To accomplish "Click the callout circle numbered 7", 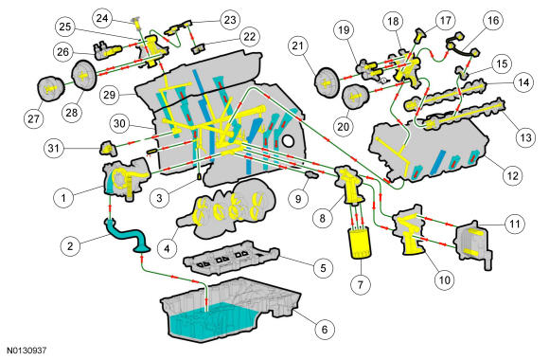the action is [x=361, y=284].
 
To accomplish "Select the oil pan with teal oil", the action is [x=230, y=309].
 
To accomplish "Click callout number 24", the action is [x=102, y=18].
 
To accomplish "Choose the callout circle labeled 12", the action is [x=512, y=175].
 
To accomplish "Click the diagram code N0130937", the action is [x=27, y=351].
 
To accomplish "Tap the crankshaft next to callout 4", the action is [x=227, y=209].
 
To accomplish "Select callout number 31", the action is [x=54, y=149].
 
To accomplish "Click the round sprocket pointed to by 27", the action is [x=51, y=89].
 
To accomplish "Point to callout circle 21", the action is [x=298, y=45].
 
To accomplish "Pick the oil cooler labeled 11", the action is [x=473, y=244].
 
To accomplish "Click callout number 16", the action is [x=493, y=20].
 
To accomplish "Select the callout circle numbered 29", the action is [x=110, y=95].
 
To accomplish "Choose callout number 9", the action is [x=298, y=199].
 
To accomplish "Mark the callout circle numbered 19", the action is [x=344, y=29].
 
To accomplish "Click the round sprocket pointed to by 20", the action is [x=355, y=97].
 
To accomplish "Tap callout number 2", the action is [x=70, y=245].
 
